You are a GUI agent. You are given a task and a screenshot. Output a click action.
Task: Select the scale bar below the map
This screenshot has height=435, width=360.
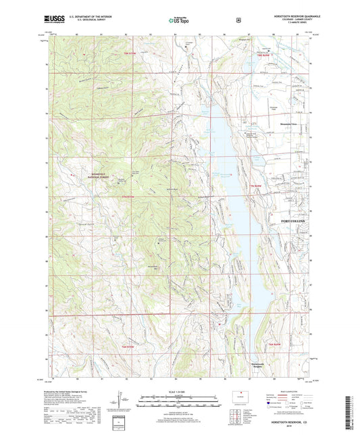179,405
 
